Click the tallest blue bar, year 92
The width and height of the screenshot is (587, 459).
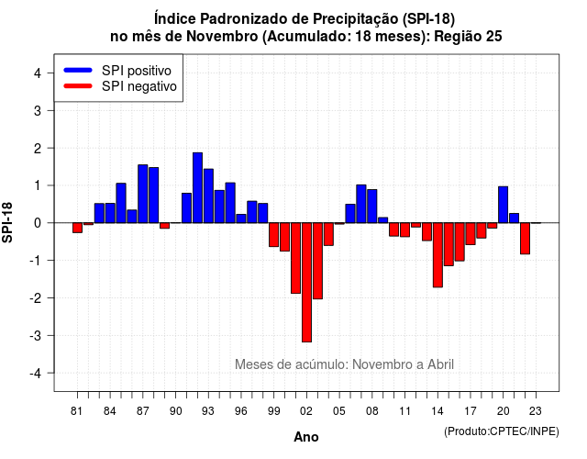[x=198, y=187]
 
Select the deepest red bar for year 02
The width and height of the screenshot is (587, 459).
[x=306, y=283]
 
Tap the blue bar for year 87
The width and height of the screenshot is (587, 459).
[x=143, y=194]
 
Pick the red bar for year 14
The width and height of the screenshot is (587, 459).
[x=437, y=255]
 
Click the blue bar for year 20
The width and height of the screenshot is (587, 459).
[x=504, y=205]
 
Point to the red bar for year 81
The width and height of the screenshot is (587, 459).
[x=77, y=228]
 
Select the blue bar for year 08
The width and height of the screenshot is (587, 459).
[x=372, y=206]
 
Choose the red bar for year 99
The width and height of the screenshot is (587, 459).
[x=274, y=235]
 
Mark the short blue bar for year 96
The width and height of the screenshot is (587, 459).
[x=241, y=218]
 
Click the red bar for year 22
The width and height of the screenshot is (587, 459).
[x=525, y=239]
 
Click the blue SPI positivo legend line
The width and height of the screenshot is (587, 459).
[x=78, y=70]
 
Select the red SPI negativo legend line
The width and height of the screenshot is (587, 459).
[x=78, y=85]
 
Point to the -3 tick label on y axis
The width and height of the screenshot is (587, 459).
[x=38, y=335]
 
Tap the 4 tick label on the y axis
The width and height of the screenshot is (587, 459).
[x=38, y=73]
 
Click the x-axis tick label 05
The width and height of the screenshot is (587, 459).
[x=339, y=411]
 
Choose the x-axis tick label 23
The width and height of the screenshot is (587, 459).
[x=536, y=411]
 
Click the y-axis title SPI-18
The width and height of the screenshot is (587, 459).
[x=7, y=222]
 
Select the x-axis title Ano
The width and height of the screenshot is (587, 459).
[x=306, y=437]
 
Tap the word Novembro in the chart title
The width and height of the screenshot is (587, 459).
[x=222, y=37]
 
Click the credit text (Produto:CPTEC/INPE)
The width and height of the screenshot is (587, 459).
[x=502, y=431]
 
